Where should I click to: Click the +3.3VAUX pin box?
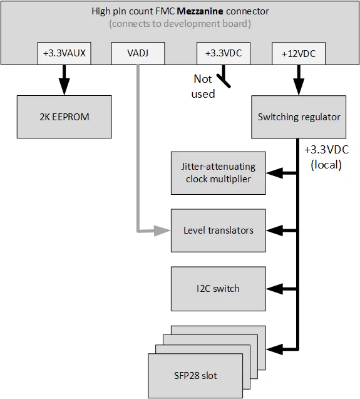click(x=64, y=54)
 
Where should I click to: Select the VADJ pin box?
click(x=137, y=54)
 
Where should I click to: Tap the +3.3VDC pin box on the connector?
click(x=223, y=54)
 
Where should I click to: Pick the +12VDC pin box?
click(x=299, y=54)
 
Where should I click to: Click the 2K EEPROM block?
click(x=64, y=117)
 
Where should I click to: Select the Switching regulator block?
click(x=299, y=117)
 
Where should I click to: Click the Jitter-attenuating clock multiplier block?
click(x=218, y=173)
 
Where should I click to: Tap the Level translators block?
click(x=218, y=231)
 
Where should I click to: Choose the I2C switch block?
click(x=218, y=289)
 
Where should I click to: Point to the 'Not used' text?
click(x=203, y=87)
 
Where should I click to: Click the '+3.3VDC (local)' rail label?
click(x=326, y=158)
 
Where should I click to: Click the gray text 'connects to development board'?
click(x=179, y=24)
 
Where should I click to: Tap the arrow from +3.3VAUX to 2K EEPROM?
click(x=64, y=80)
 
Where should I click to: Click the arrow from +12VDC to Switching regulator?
click(x=299, y=80)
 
